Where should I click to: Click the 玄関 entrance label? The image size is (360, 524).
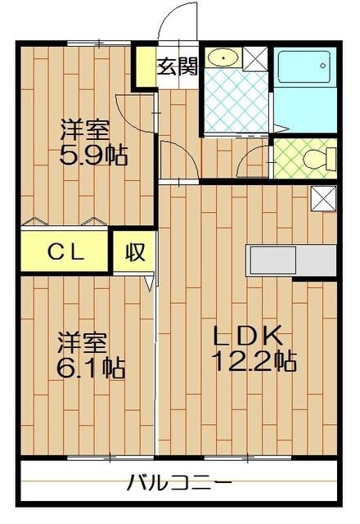click(178, 66)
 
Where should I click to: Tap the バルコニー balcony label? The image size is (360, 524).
click(179, 482)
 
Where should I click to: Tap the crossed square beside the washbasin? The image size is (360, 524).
click(254, 58)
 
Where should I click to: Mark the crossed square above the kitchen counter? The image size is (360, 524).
click(323, 199)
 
